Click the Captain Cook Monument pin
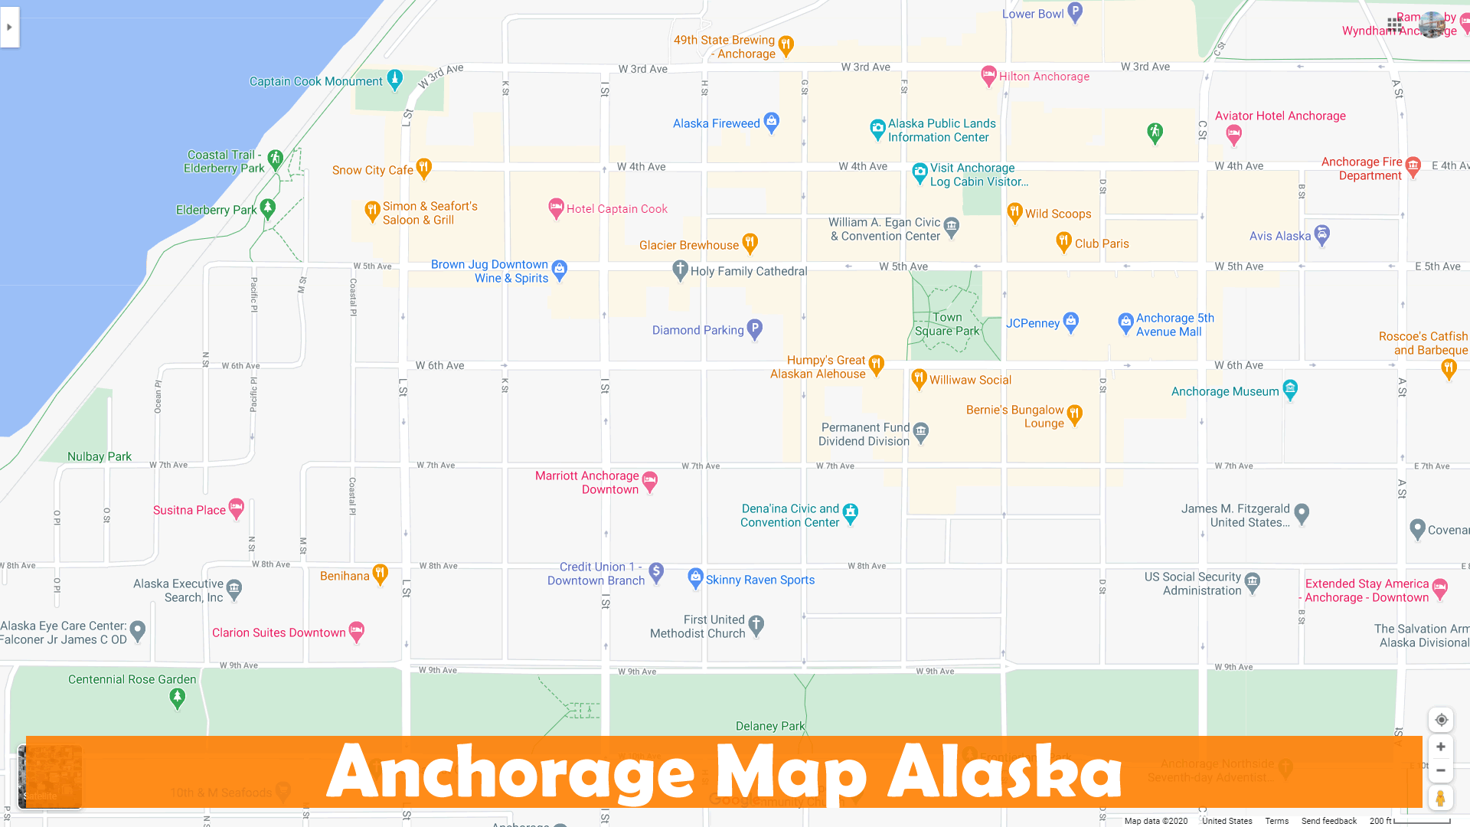pyautogui.click(x=395, y=79)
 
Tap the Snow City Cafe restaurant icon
pyautogui.click(x=423, y=168)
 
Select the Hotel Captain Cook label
pyautogui.click(x=616, y=208)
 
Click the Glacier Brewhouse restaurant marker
pyautogui.click(x=750, y=243)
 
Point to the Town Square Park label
pyautogui.click(x=947, y=324)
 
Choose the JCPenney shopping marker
pyautogui.click(x=1071, y=322)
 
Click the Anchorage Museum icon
pyautogui.click(x=1290, y=389)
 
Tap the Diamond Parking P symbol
pyautogui.click(x=755, y=329)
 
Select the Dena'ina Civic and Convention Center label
pyautogui.click(x=789, y=515)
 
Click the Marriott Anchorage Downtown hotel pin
pyautogui.click(x=650, y=481)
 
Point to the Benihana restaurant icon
pyautogui.click(x=381, y=574)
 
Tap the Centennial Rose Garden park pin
pyautogui.click(x=178, y=697)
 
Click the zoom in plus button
pyautogui.click(x=1441, y=747)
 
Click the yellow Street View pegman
pyautogui.click(x=1440, y=798)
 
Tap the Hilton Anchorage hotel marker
pyautogui.click(x=988, y=75)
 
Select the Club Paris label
pyautogui.click(x=1102, y=244)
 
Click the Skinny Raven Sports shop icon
pyautogui.click(x=695, y=577)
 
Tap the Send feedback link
pyautogui.click(x=1328, y=821)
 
